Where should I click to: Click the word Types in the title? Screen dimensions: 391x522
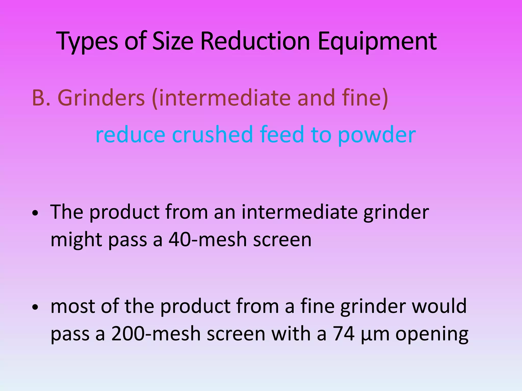point(88,41)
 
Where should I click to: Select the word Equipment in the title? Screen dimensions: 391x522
point(377,41)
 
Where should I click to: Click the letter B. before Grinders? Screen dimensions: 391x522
point(41,98)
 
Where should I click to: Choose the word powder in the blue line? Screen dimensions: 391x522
point(377,135)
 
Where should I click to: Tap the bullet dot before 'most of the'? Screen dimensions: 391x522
point(35,307)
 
